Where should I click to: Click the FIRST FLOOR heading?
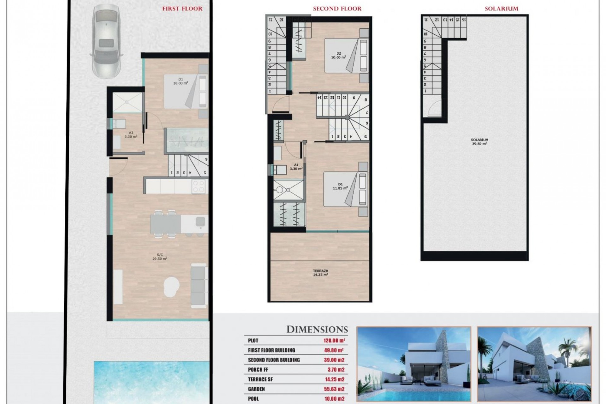coord(182,9)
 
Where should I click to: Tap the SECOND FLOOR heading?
coord(337,9)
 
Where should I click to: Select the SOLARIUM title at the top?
coord(502,9)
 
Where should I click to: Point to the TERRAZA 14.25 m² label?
coord(320,273)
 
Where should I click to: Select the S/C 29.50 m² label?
coord(159,256)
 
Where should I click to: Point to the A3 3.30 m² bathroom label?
coord(131,135)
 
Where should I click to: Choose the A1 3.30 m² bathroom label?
coord(296,167)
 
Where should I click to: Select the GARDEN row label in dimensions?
coord(256,389)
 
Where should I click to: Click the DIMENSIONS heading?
coord(317,330)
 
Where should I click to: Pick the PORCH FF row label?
coord(258,370)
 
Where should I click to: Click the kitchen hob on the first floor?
coord(199,186)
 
